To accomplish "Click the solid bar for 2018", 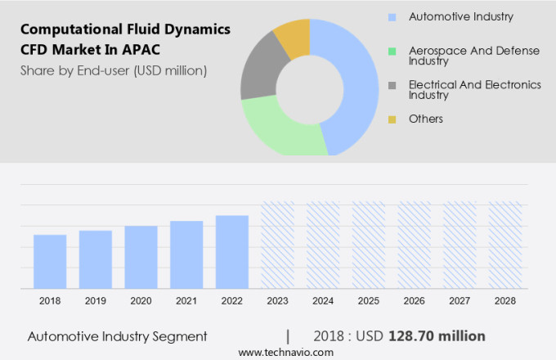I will tap(50, 261).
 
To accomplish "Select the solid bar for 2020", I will tap(141, 256).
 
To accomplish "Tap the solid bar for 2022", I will tap(232, 251).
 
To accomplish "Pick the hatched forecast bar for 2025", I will tap(368, 245).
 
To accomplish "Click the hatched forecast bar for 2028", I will tap(504, 245).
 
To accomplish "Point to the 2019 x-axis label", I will tap(96, 301).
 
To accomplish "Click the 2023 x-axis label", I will tap(277, 301).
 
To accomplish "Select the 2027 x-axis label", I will tap(459, 301).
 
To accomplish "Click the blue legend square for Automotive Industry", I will tap(392, 16).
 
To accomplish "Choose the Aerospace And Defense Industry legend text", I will tap(473, 56).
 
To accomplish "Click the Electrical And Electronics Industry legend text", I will tap(474, 90).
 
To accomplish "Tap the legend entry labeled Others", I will tap(425, 119).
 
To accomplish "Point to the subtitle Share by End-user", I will tap(114, 70).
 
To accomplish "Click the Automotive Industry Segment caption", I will tap(118, 336).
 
